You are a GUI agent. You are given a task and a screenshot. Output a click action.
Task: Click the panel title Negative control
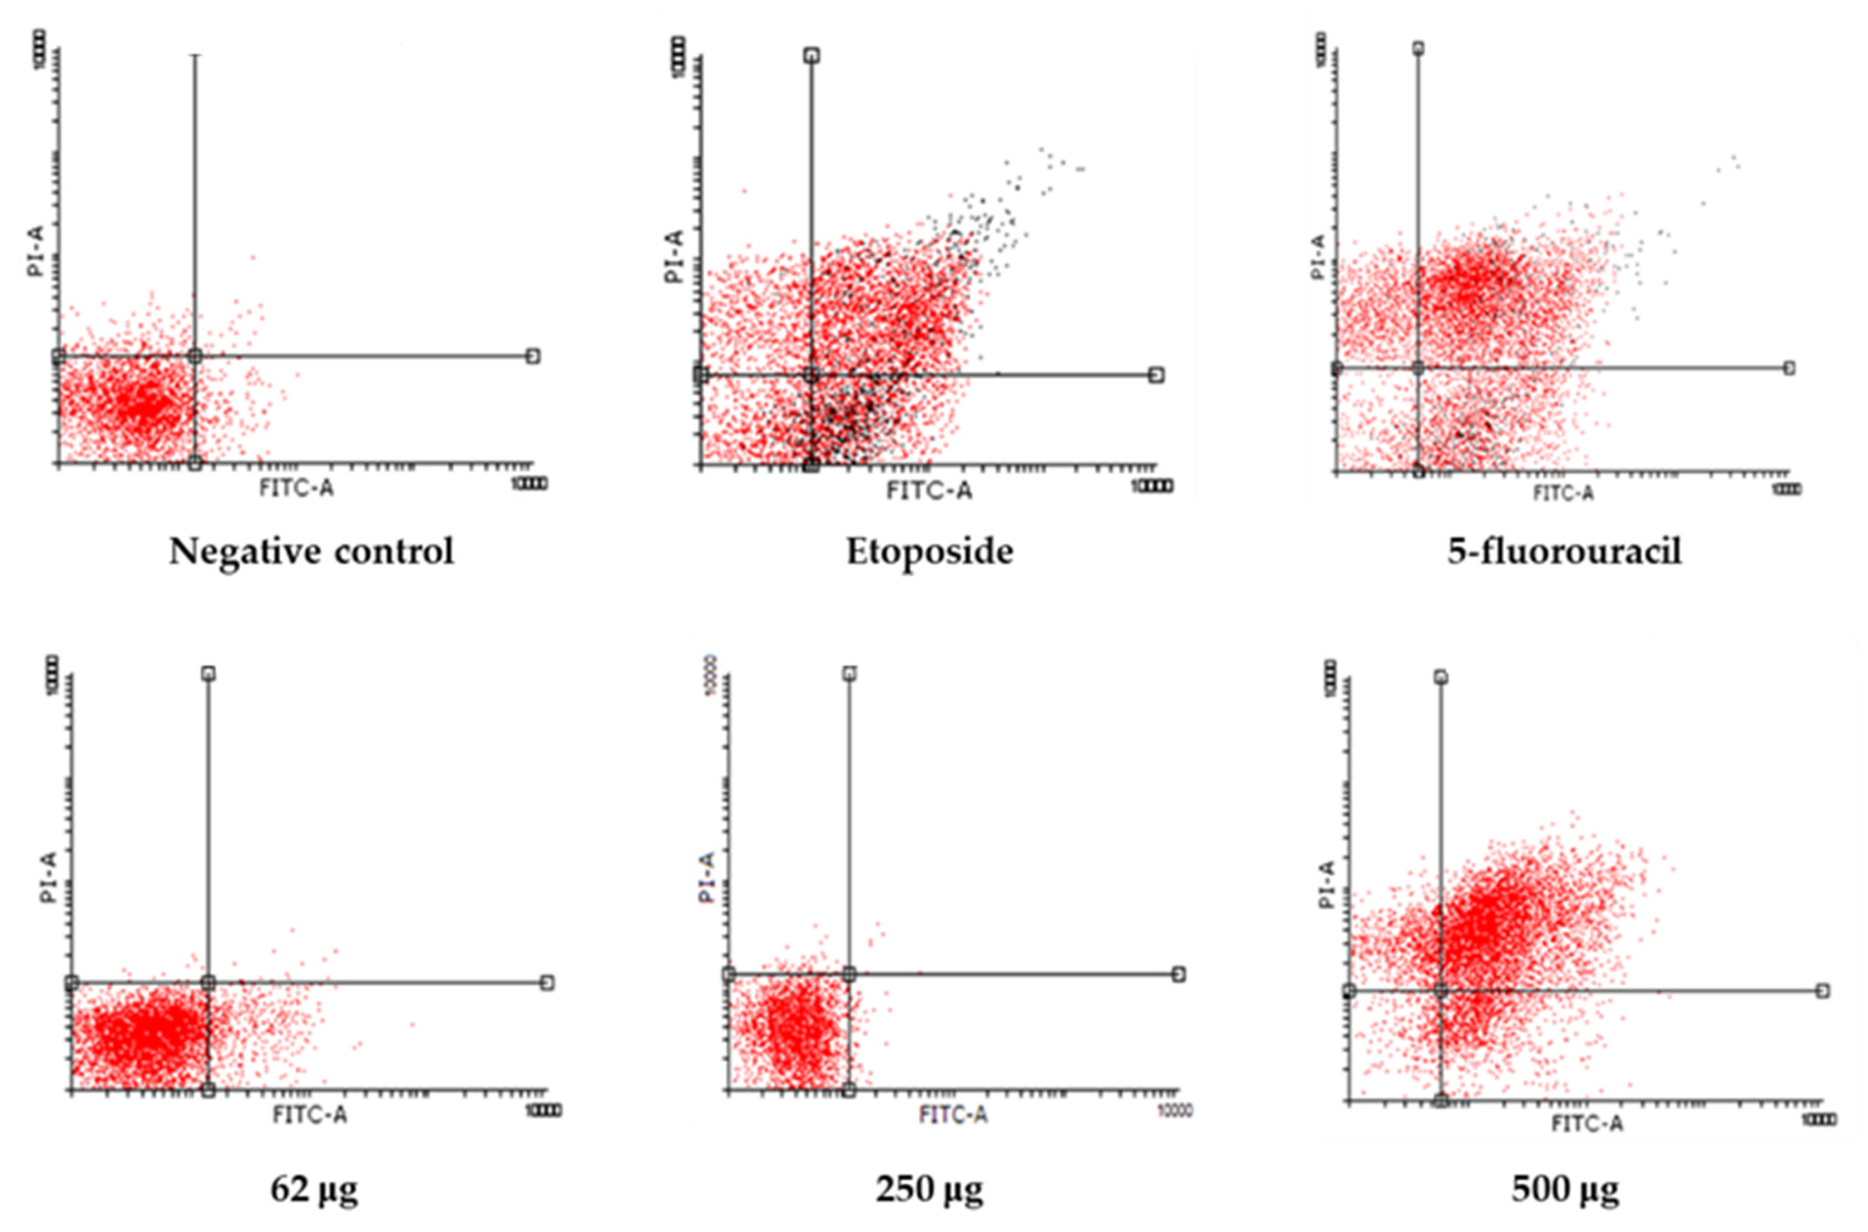[311, 552]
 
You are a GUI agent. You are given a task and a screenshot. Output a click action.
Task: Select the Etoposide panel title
[929, 552]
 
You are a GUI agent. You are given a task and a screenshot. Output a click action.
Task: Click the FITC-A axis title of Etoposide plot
[929, 491]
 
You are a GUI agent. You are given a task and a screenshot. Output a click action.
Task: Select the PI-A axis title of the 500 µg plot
[1327, 884]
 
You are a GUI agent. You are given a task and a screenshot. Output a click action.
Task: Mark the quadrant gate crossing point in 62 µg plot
[208, 982]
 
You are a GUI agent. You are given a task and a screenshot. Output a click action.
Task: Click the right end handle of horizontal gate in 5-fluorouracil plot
[1789, 368]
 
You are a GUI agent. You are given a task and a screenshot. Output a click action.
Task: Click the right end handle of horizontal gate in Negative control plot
[533, 356]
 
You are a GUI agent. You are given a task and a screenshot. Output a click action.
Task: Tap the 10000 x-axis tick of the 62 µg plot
[544, 1110]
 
